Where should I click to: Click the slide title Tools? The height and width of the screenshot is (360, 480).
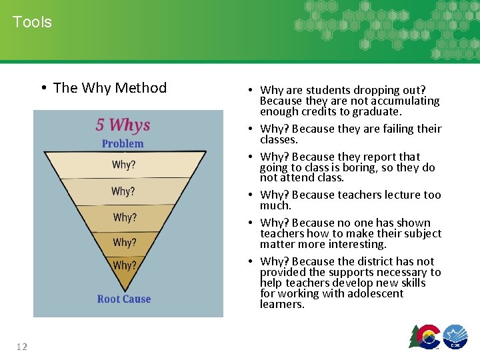32,22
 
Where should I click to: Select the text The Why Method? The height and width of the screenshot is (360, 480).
109,88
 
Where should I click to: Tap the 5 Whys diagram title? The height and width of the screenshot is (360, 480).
123,125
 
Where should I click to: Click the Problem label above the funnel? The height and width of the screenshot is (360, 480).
123,143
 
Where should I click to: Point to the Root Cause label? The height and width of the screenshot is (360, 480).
124,299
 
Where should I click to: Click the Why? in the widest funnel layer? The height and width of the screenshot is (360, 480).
123,165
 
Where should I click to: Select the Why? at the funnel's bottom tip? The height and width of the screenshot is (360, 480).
124,265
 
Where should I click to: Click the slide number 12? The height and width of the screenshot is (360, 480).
21,345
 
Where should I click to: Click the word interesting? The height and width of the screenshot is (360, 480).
354,244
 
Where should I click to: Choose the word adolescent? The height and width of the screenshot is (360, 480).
370,293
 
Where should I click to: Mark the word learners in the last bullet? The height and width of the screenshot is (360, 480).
281,304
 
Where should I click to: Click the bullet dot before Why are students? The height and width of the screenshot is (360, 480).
247,91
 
